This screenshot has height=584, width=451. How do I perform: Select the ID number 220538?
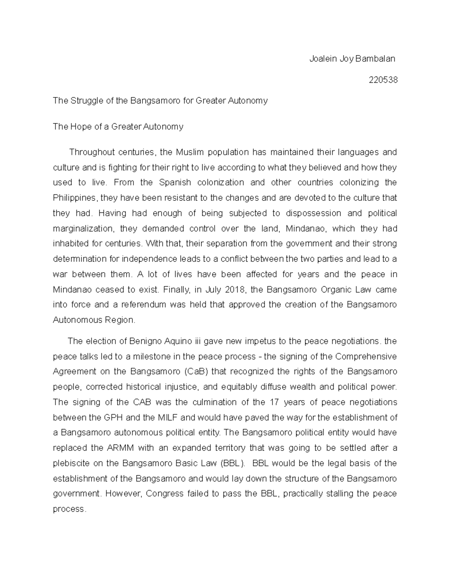[x=383, y=80]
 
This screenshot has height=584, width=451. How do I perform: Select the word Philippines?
[x=75, y=198]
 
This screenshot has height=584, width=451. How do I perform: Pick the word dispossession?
[x=313, y=213]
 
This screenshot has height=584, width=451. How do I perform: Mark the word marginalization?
[x=83, y=229]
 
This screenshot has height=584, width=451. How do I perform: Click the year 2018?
[x=235, y=290]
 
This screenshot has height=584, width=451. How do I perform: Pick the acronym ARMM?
[x=118, y=448]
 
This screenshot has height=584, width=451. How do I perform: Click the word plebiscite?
[x=71, y=463]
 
